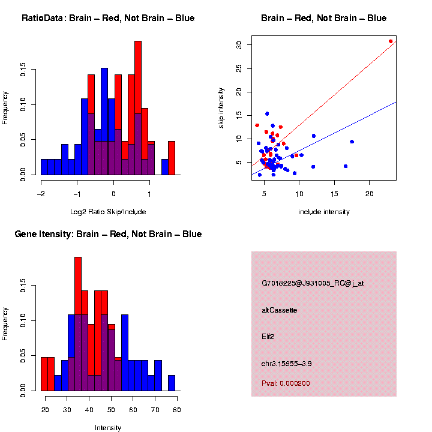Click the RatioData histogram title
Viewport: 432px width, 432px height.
(108, 18)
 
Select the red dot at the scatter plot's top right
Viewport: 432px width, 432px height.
(391, 41)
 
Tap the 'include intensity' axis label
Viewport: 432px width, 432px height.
(324, 211)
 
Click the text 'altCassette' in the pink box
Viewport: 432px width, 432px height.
(280, 310)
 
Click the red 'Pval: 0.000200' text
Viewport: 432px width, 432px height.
(286, 383)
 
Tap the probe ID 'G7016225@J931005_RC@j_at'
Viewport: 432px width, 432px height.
(313, 283)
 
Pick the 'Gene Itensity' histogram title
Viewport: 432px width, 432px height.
(108, 234)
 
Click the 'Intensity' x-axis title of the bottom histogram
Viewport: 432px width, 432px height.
(108, 428)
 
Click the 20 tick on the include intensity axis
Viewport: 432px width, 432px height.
(369, 193)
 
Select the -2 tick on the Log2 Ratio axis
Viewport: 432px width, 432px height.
(41, 194)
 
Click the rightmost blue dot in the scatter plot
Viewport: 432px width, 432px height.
(352, 142)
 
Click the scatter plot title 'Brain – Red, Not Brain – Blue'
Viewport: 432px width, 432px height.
(324, 18)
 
